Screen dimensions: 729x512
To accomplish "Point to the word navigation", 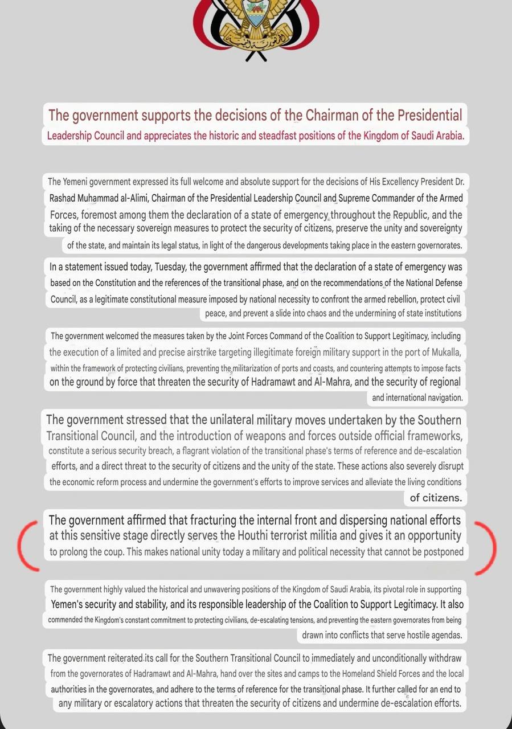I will click(x=440, y=398).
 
